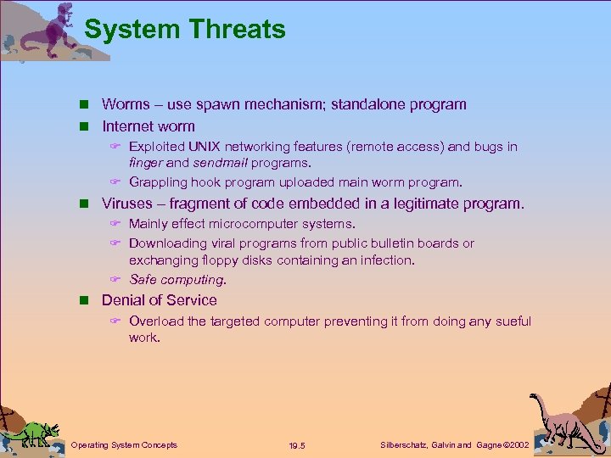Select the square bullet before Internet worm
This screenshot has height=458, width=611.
pos(86,126)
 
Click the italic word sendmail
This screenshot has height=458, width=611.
pos(221,163)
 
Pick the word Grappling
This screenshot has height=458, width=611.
pos(159,182)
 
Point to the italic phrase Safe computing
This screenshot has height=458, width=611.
pos(177,279)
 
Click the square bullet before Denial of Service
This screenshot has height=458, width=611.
pos(86,300)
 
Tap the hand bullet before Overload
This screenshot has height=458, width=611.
pos(116,322)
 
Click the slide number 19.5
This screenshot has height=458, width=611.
pos(297,445)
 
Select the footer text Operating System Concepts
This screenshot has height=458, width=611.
pos(124,444)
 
